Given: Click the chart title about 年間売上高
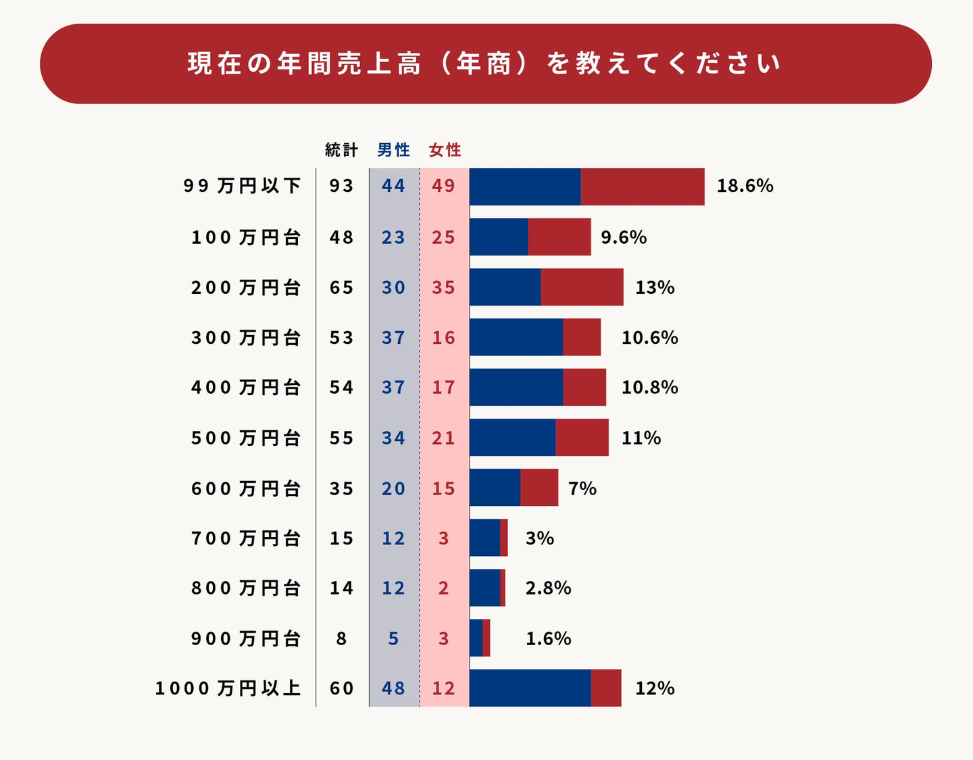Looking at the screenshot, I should click(x=484, y=64).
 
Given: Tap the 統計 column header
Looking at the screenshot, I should click(x=341, y=150).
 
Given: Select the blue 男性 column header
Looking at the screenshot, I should click(x=393, y=150).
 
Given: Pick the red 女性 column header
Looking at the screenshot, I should click(x=445, y=150).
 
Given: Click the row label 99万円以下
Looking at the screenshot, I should click(x=242, y=186).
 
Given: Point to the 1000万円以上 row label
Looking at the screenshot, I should click(x=228, y=688).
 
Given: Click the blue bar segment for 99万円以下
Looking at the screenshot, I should click(x=525, y=186).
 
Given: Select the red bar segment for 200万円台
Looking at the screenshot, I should click(x=582, y=287).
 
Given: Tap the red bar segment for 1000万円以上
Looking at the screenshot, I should click(x=606, y=688).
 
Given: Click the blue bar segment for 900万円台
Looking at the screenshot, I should click(x=476, y=638).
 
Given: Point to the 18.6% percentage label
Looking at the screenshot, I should click(x=745, y=186).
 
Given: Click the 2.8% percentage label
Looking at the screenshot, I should click(x=548, y=588).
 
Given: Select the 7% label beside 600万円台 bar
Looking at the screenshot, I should click(x=582, y=488).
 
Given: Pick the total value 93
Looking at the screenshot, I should click(x=341, y=186).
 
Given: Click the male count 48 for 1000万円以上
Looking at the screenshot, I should click(x=393, y=688).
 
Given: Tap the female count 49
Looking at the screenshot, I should click(x=444, y=186).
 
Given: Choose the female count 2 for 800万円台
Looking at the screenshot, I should click(x=443, y=588).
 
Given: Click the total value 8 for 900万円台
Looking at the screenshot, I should click(x=341, y=638).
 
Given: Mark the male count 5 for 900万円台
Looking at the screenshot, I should click(x=393, y=638).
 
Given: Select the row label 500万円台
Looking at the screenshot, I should click(x=246, y=438).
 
